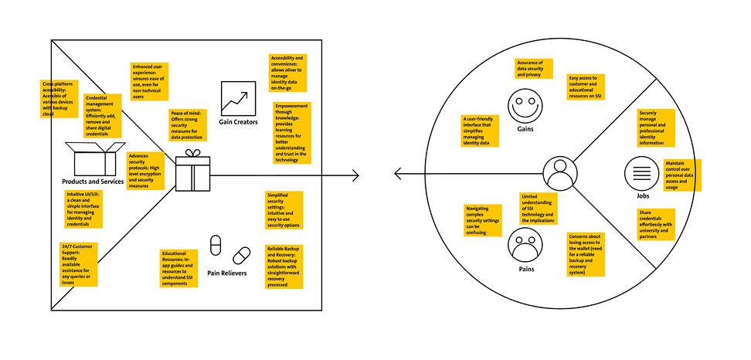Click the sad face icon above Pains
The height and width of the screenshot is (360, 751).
(522, 248)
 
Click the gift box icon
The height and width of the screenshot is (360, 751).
(192, 172)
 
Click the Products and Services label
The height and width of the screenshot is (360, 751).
(93, 181)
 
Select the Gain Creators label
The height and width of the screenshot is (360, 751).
(238, 122)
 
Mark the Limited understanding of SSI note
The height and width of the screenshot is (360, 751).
(539, 209)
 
